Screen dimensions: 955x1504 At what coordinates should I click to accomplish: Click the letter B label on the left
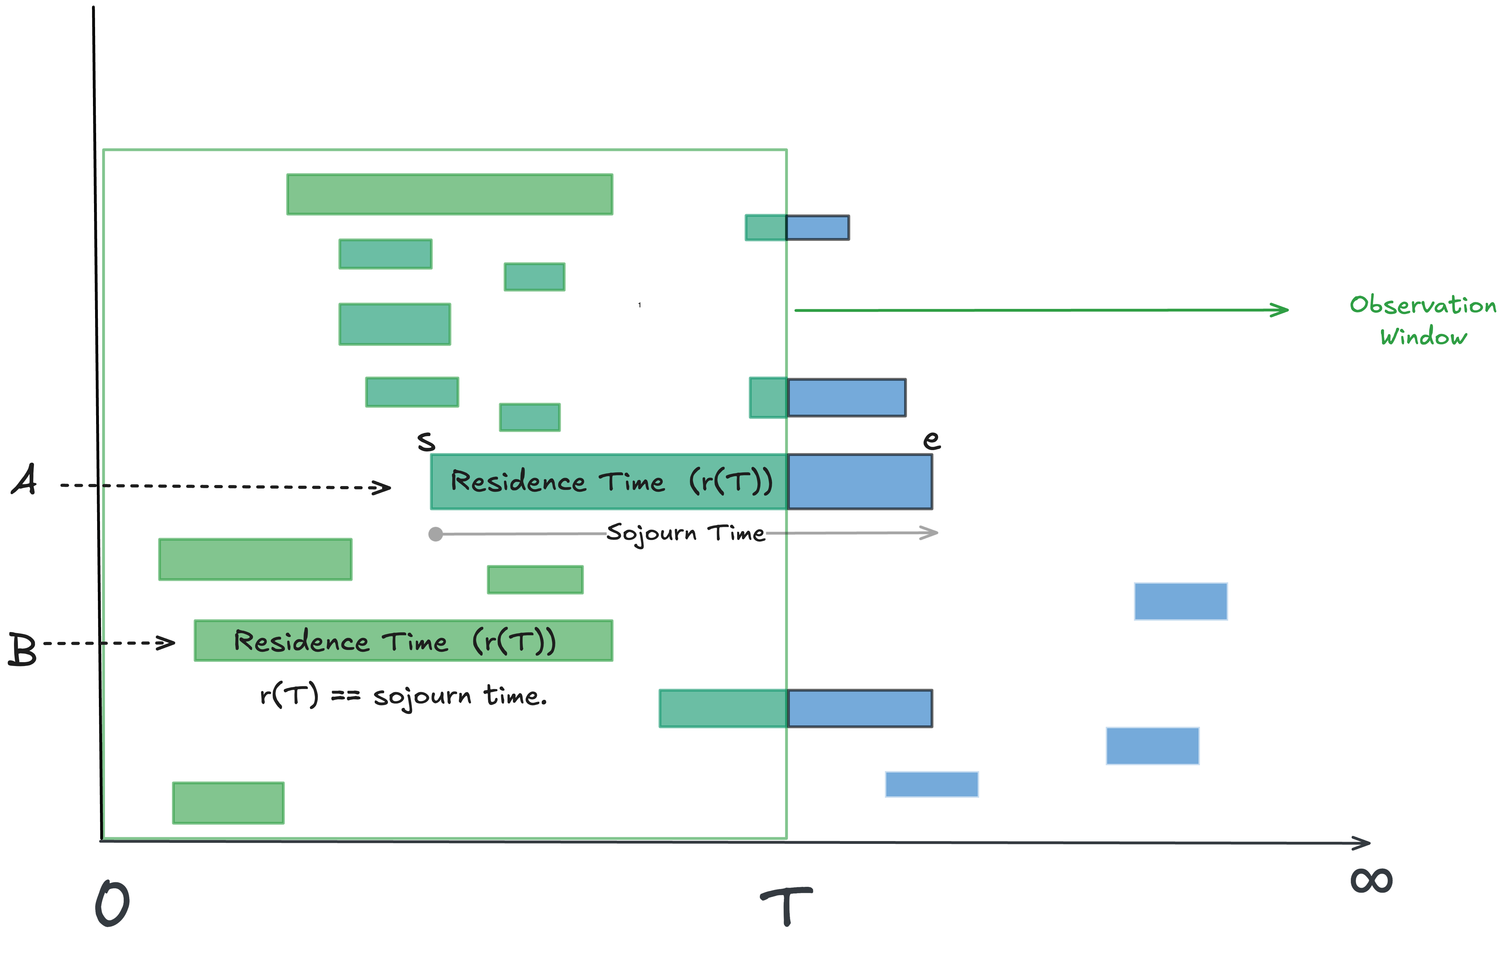coord(22,650)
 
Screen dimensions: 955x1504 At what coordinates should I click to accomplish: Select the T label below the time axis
coord(786,906)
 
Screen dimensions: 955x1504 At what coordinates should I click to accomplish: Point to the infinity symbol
coord(1372,881)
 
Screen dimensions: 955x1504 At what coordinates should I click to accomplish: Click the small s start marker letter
coord(426,442)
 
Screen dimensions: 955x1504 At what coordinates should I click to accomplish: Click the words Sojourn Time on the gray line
coord(685,533)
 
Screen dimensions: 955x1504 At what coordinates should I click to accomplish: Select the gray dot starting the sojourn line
coord(436,534)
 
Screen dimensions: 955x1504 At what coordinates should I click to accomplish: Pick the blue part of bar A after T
coord(860,482)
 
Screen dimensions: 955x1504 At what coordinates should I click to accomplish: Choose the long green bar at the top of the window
coord(450,194)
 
